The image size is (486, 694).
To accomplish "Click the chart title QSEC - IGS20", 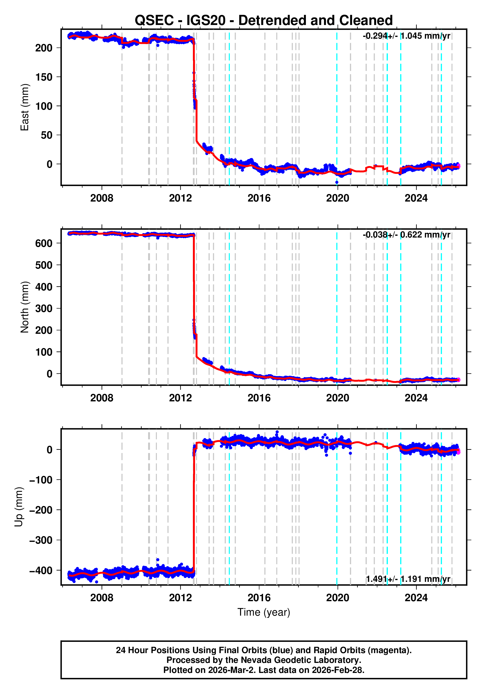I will (x=263, y=20).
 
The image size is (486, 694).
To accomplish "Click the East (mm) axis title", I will (x=24, y=107).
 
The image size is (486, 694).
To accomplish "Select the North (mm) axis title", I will (x=24, y=307).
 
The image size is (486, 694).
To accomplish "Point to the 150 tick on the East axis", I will (x=44, y=77).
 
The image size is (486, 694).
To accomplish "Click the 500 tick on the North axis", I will (x=44, y=265).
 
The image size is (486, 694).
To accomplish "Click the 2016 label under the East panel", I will (x=259, y=198).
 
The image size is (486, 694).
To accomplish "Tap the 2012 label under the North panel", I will (x=180, y=398).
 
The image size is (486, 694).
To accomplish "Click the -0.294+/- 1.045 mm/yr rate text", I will (x=406, y=36).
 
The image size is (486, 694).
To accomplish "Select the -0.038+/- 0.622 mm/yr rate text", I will (x=406, y=235).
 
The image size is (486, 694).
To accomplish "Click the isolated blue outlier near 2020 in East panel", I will (x=337, y=182).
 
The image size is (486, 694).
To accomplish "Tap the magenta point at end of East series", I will (x=459, y=166).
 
